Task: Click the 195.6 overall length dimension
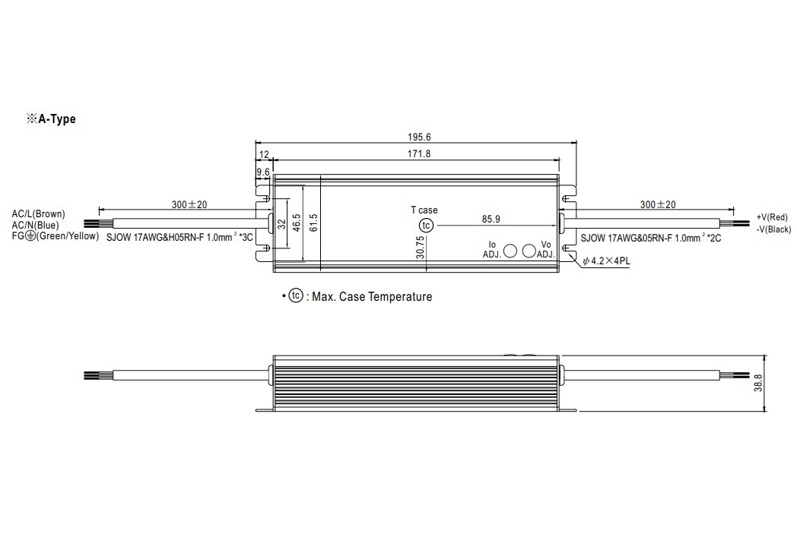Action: (x=419, y=137)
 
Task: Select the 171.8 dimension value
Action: (x=419, y=153)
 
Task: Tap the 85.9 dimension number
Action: (x=491, y=220)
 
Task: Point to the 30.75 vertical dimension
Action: (x=420, y=247)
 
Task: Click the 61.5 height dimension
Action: (x=313, y=223)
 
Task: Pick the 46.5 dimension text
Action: (x=297, y=223)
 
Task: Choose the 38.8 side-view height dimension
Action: (x=758, y=384)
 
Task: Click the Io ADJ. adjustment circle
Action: (x=510, y=251)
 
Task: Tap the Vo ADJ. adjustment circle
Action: (x=529, y=251)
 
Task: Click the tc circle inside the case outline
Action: (x=426, y=226)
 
